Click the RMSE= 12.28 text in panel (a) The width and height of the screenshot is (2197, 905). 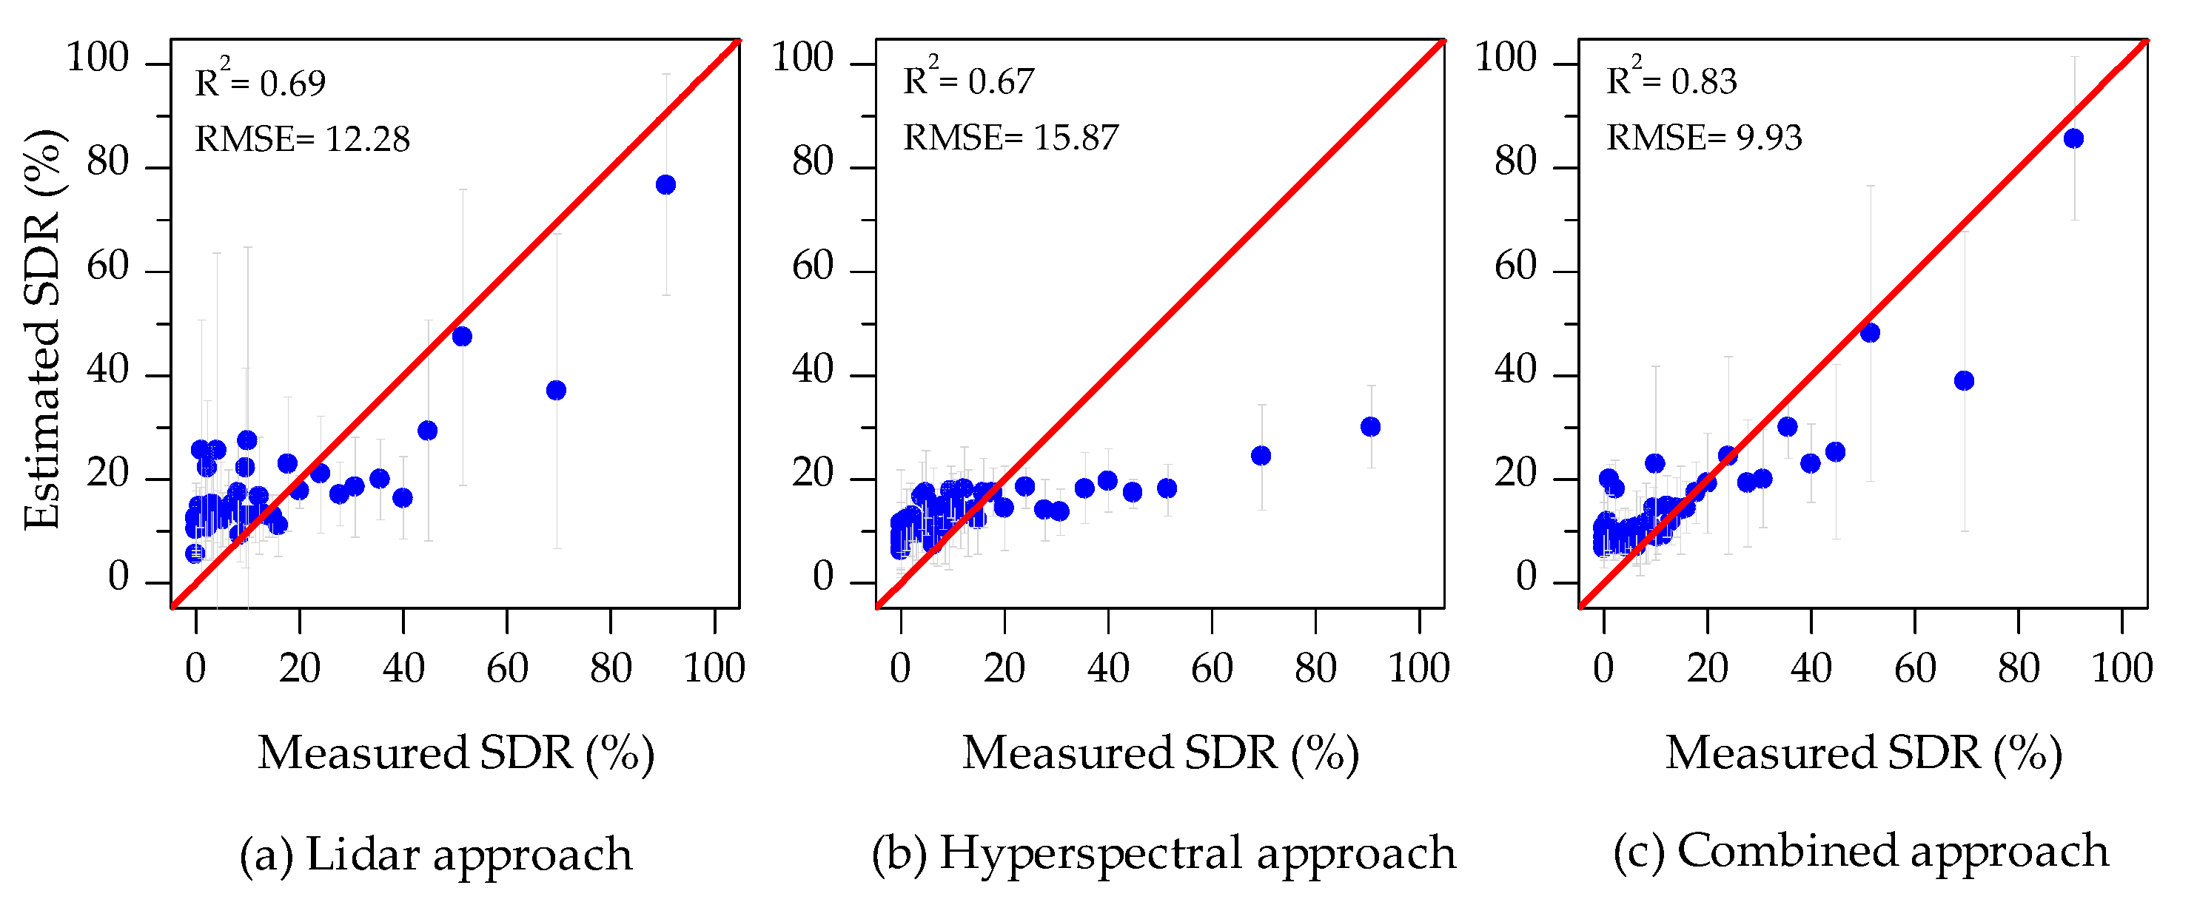(303, 138)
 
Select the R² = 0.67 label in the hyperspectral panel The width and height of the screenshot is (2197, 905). (968, 82)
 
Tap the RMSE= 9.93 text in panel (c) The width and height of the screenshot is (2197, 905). (1704, 138)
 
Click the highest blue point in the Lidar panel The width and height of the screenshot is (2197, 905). (666, 185)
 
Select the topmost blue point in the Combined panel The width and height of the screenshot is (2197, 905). (2073, 138)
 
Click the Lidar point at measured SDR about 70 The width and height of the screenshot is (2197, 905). (556, 390)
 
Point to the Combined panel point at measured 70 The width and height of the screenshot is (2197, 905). (1964, 380)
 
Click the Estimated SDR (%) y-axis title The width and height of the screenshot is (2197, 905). (43, 329)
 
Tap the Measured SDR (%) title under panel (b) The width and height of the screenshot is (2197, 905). (1161, 753)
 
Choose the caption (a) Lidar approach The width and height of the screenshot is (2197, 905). (436, 854)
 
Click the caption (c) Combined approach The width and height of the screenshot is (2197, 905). (1862, 851)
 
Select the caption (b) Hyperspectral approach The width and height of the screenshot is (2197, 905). (1164, 853)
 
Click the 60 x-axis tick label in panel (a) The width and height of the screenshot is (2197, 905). (506, 668)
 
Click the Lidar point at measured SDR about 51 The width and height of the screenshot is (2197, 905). (462, 336)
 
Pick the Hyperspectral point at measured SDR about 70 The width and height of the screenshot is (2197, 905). (1261, 456)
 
